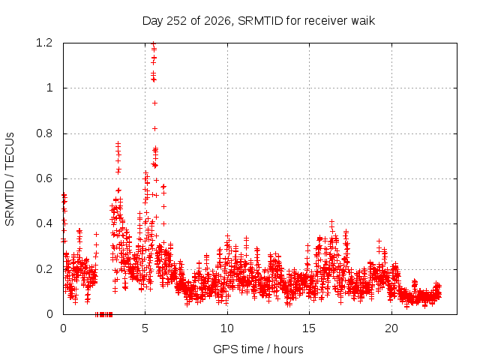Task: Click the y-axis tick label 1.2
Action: point(44,43)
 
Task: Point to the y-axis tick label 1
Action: point(49,88)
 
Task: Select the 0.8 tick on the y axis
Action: point(44,133)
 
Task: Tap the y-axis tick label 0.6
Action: point(44,178)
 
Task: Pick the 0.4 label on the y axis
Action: point(44,223)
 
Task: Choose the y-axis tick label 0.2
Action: point(44,269)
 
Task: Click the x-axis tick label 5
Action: point(145,328)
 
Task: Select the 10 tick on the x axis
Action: point(227,328)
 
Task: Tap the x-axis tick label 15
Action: point(309,328)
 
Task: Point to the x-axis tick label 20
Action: point(391,328)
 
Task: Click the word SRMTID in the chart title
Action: point(260,21)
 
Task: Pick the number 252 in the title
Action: point(177,21)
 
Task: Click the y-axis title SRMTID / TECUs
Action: point(10,179)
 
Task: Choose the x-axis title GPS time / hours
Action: point(258,349)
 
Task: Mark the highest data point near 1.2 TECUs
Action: point(154,43)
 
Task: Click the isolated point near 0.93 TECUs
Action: point(155,103)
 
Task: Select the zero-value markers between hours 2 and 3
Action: point(103,314)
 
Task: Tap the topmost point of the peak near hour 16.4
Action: point(331,221)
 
